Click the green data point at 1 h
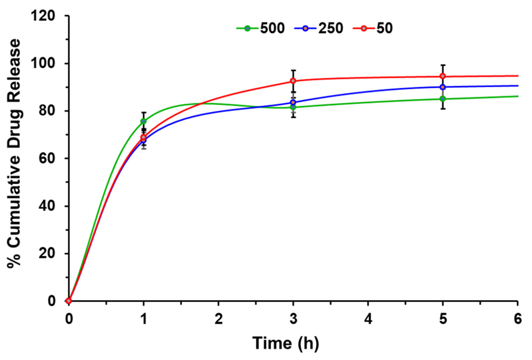[144, 121]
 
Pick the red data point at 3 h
[293, 81]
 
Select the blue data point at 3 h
[293, 102]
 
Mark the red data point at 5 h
[443, 76]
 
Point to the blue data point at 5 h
[443, 87]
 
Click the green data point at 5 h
[443, 99]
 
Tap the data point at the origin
[69, 301]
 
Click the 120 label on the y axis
[43, 16]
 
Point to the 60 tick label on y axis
[46, 159]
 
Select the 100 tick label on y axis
[43, 64]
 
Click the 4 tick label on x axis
[368, 319]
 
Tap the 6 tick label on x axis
[518, 319]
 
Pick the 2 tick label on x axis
[218, 319]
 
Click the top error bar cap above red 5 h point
[443, 65]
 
